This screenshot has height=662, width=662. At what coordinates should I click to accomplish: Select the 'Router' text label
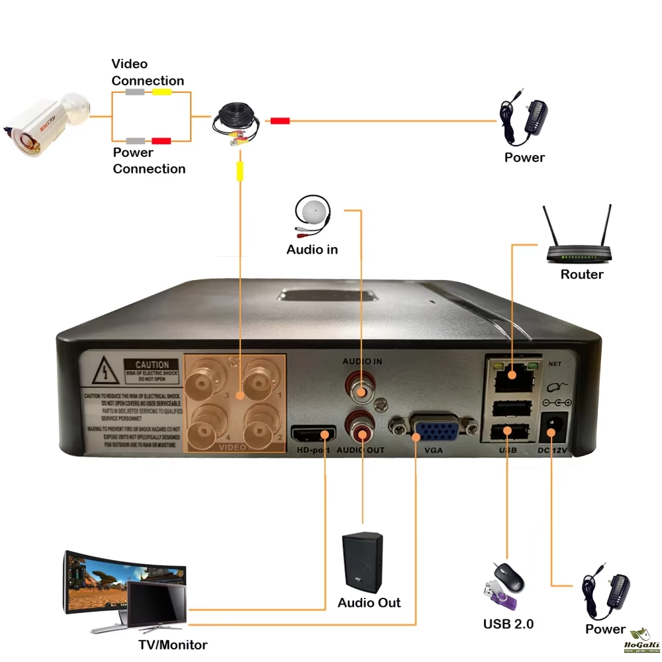tap(582, 275)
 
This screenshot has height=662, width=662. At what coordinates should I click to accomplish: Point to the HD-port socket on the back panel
tap(313, 435)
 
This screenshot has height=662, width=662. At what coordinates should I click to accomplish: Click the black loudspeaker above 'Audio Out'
tap(362, 563)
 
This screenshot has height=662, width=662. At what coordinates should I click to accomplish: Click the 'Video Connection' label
tap(148, 72)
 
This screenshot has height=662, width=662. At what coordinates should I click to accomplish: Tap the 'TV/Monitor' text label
tap(172, 645)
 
